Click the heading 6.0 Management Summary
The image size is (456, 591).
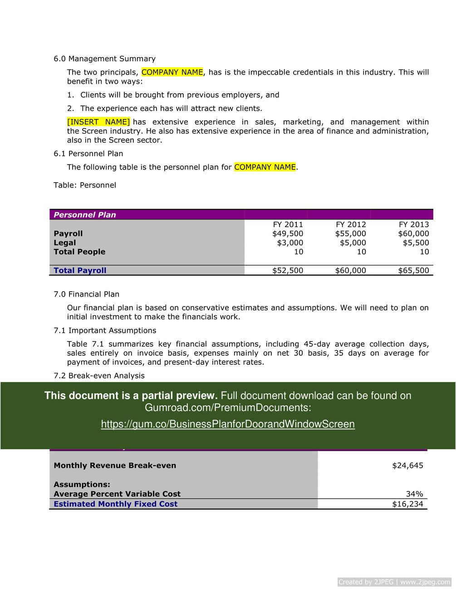coord(104,59)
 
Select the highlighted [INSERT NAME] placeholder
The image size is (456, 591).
coord(98,122)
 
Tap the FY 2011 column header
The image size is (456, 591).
coord(288,224)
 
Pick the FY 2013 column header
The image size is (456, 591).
coord(413,224)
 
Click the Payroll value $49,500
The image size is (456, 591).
coord(288,233)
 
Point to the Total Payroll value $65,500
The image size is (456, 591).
coord(413,270)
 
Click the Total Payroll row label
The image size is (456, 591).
coord(80,270)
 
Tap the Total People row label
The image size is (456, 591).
coord(79,252)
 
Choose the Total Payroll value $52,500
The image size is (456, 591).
coord(288,270)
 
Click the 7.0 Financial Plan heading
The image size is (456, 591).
coord(86,294)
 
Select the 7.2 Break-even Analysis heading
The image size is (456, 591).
coord(99,376)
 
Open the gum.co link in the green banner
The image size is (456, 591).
coord(228,424)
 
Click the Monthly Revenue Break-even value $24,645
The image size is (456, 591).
coord(407,465)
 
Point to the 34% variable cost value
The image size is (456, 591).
coord(414,494)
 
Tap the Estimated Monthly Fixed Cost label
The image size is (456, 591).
coord(115,504)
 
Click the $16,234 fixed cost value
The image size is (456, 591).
coord(407,504)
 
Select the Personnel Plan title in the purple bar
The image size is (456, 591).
coord(85,215)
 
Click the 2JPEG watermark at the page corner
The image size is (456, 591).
coord(394,582)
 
